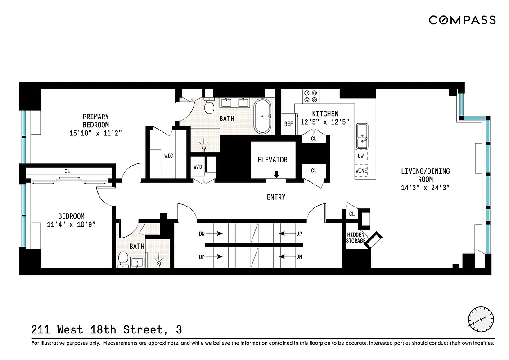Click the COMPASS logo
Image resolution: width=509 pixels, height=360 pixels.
tap(462, 20)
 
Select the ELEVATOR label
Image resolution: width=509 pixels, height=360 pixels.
tap(272, 160)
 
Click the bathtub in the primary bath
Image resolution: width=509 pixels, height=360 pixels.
tap(262, 116)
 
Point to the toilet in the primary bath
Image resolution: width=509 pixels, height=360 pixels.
tap(209, 106)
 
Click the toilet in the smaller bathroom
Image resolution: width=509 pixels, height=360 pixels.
tap(123, 260)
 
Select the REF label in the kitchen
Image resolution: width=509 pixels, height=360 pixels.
tap(288, 124)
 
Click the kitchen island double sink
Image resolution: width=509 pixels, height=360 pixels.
tap(362, 136)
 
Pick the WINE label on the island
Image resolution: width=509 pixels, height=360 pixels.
tap(361, 171)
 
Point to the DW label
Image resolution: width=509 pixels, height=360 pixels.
tap(360, 156)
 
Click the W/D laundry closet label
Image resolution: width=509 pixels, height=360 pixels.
tap(198, 166)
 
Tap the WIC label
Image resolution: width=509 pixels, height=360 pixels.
tap(168, 156)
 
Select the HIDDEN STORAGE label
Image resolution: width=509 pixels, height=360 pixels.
tap(356, 238)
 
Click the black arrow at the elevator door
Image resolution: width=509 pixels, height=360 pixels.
tap(276, 174)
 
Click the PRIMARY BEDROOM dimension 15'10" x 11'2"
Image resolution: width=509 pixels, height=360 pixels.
tap(96, 133)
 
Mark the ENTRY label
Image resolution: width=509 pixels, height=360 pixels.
tap(276, 197)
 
